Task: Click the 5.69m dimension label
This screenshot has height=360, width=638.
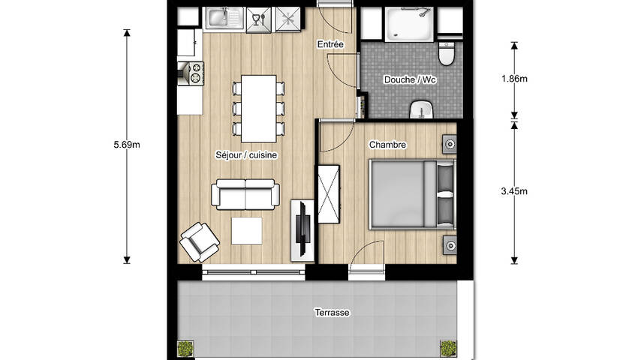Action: (127, 145)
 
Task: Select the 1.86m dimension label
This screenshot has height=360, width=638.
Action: (514, 79)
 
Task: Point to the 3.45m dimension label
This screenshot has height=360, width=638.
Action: (514, 191)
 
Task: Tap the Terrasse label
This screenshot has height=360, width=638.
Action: (332, 313)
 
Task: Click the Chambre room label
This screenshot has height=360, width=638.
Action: (387, 145)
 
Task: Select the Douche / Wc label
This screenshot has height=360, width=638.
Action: (410, 79)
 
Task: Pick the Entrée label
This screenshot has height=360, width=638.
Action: (330, 44)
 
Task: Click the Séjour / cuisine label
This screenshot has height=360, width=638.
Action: (246, 155)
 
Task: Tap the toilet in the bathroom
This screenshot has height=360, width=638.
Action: (447, 54)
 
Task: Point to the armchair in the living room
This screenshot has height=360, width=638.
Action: (200, 241)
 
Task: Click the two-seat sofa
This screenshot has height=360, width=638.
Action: (245, 194)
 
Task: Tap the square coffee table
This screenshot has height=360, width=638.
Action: (247, 231)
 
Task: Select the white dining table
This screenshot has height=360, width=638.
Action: (259, 109)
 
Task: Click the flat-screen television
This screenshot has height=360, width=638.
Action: (302, 229)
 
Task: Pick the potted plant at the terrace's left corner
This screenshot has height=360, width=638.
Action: (185, 349)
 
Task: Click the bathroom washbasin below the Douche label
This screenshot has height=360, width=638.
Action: (422, 109)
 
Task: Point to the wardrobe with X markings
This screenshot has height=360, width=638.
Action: (329, 194)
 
